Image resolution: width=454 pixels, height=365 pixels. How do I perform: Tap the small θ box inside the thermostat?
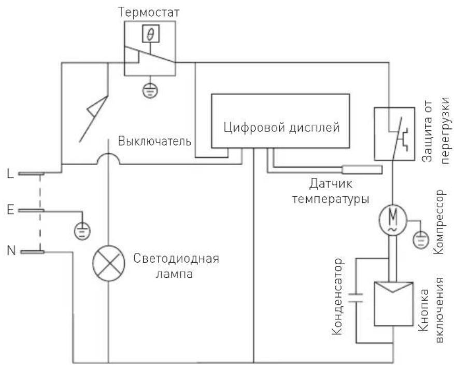[x=151, y=35]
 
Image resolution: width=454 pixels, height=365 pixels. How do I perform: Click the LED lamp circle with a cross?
[x=108, y=263]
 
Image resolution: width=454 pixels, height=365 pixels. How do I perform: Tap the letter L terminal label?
[x=10, y=174]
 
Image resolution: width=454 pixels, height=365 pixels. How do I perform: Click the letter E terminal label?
[x=10, y=210]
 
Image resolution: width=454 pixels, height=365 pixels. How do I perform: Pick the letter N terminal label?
[x=10, y=252]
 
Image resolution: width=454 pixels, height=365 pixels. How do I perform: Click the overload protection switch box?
[x=393, y=133]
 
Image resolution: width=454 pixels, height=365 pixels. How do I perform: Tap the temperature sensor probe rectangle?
[x=362, y=169]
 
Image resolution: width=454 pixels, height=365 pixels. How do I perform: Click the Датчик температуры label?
[x=331, y=191]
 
